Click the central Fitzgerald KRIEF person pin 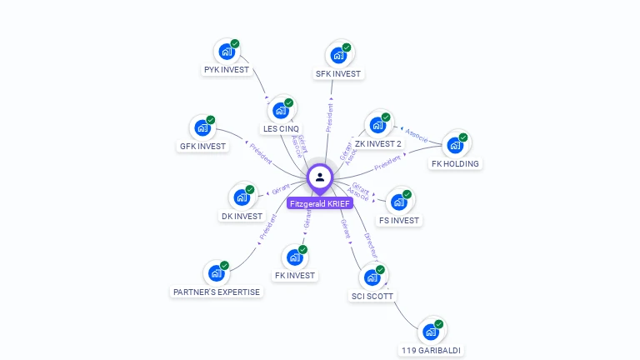(x=320, y=177)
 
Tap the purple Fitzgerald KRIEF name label (x=320, y=203)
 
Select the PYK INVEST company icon (x=227, y=52)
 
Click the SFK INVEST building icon (x=338, y=55)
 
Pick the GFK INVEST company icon (x=202, y=128)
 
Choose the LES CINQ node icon (x=281, y=111)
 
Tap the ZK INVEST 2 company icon (x=377, y=126)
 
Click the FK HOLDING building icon (x=455, y=146)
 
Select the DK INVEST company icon (x=242, y=197)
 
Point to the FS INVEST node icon (x=399, y=202)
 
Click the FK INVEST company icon (x=295, y=257)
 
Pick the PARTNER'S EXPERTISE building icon (x=217, y=273)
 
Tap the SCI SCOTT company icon (x=372, y=277)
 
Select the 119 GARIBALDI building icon (x=431, y=332)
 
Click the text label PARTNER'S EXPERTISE (x=217, y=292)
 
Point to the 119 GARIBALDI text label (x=430, y=351)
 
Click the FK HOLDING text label (x=455, y=164)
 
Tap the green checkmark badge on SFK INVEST (x=347, y=47)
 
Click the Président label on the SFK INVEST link (x=330, y=117)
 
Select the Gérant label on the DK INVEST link (x=281, y=188)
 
